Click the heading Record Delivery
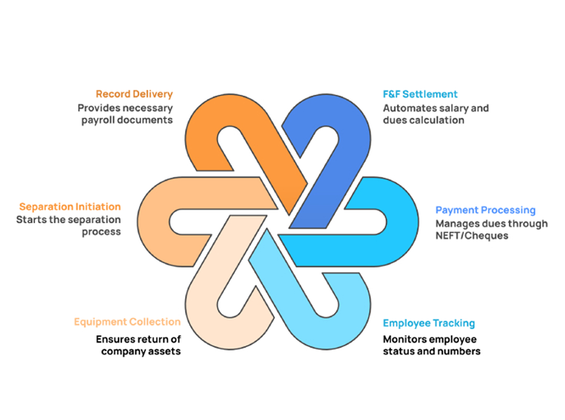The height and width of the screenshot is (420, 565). coord(134,94)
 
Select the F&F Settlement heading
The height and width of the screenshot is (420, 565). coord(420,94)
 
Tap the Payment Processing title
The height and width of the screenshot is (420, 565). coord(485,210)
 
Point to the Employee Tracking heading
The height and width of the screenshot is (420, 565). coord(429,323)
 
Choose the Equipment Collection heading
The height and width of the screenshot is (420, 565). coord(127,322)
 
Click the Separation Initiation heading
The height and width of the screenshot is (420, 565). coord(70,206)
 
